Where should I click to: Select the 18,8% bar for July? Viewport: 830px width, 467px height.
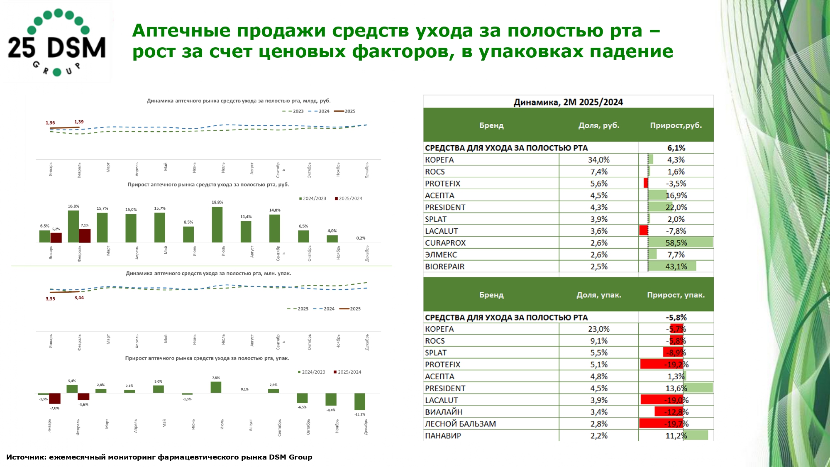click(x=217, y=225)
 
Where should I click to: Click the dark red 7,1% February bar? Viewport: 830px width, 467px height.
click(x=85, y=235)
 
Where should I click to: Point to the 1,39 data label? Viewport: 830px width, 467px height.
click(x=79, y=122)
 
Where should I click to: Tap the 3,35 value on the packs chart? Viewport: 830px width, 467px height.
click(x=50, y=299)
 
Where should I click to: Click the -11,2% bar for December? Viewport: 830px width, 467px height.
click(x=359, y=401)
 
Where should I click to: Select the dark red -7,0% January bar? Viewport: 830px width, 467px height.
click(x=55, y=399)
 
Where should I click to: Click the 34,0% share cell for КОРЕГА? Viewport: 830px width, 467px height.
click(x=598, y=160)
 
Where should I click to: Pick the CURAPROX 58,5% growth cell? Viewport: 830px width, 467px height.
click(x=676, y=243)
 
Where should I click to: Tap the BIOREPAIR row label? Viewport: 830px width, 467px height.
click(x=444, y=267)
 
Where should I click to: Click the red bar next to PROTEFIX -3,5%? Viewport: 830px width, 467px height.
click(x=646, y=183)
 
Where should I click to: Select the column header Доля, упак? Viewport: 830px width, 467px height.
click(x=598, y=295)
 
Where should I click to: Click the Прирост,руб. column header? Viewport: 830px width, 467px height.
click(x=676, y=125)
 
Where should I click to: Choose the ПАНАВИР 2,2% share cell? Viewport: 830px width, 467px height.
click(x=598, y=436)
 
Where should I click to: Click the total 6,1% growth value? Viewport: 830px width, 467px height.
click(x=676, y=148)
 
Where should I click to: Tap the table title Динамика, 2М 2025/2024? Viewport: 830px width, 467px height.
click(x=568, y=102)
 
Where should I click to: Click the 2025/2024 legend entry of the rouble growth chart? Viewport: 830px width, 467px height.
click(x=348, y=198)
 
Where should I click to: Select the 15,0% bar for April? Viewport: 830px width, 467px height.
click(x=131, y=228)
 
